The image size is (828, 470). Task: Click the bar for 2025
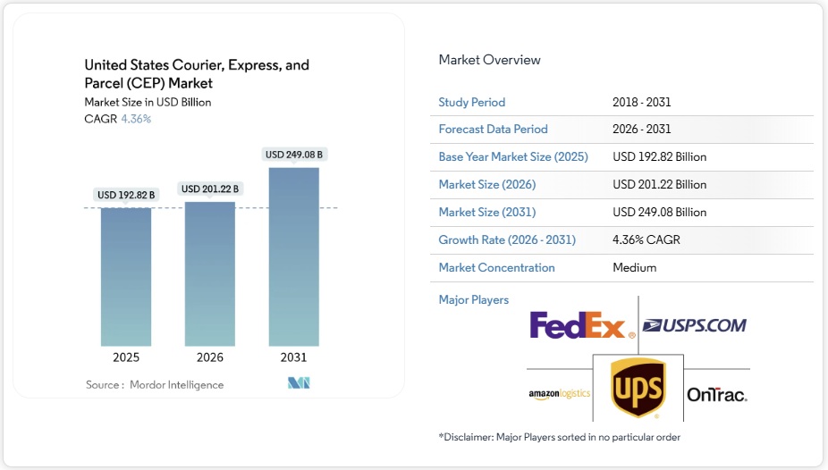coord(126,276)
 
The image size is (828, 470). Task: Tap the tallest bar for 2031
coord(293,256)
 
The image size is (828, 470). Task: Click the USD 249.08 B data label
coord(294,155)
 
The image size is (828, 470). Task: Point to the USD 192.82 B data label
coord(126,195)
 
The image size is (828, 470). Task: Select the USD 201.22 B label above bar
coord(210,189)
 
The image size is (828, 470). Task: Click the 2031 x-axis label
coord(293,357)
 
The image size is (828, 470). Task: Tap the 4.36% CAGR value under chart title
coord(136,119)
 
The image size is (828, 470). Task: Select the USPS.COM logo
coord(695,325)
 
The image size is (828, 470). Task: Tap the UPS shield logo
coord(638,388)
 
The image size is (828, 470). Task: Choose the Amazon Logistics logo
coord(560,394)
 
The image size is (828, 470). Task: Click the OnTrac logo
coord(717,394)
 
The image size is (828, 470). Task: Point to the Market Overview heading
coord(489,60)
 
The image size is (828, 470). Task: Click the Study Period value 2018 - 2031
coord(643,102)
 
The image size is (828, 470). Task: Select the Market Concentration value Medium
coord(635,267)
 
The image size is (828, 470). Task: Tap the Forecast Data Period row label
coord(493,129)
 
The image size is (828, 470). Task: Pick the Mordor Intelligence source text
coord(176,384)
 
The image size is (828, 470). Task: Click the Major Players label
coord(473,299)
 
